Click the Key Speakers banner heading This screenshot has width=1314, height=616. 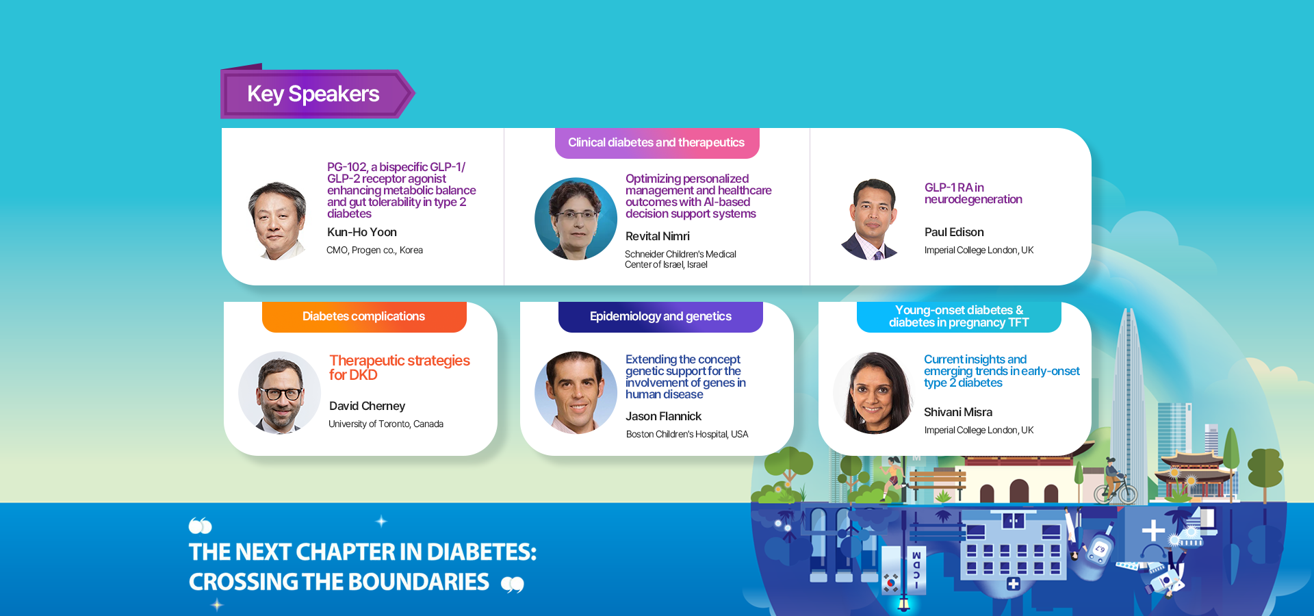coord(313,94)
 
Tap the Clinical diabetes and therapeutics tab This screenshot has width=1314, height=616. coord(657,143)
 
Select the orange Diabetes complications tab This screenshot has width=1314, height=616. coord(364,317)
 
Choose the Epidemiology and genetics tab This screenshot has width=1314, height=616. coord(660,317)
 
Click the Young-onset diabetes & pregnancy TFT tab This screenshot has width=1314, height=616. coord(959,317)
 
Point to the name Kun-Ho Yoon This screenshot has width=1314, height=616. coord(362,233)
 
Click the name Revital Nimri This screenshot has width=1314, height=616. coord(658,237)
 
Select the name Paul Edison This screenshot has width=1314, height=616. coord(954,233)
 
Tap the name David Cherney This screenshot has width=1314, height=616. coord(367,407)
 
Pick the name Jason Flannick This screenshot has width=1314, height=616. coord(663,417)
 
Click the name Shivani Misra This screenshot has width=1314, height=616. coord(958,413)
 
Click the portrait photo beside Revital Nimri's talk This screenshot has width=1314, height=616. coord(576,219)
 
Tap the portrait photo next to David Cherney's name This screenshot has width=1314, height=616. coord(279,393)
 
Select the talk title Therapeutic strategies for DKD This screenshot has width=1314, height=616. coord(400,368)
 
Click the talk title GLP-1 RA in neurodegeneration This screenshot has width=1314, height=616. coord(973,194)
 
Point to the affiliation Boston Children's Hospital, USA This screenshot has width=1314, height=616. coord(687,435)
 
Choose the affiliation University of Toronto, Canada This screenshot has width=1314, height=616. coord(386,424)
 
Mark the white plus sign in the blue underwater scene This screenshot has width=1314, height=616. coord(1153,530)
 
